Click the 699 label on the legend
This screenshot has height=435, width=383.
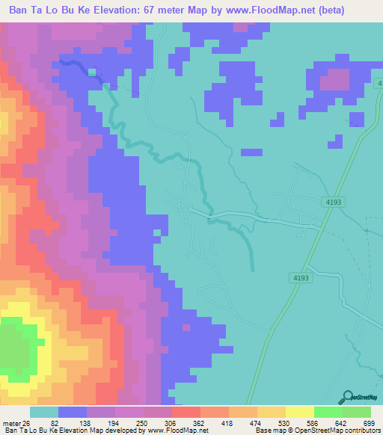click(368, 422)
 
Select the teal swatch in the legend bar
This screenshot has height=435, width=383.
click(44, 412)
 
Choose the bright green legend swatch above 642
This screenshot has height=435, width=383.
click(328, 412)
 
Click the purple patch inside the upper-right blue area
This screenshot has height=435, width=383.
click(334, 79)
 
